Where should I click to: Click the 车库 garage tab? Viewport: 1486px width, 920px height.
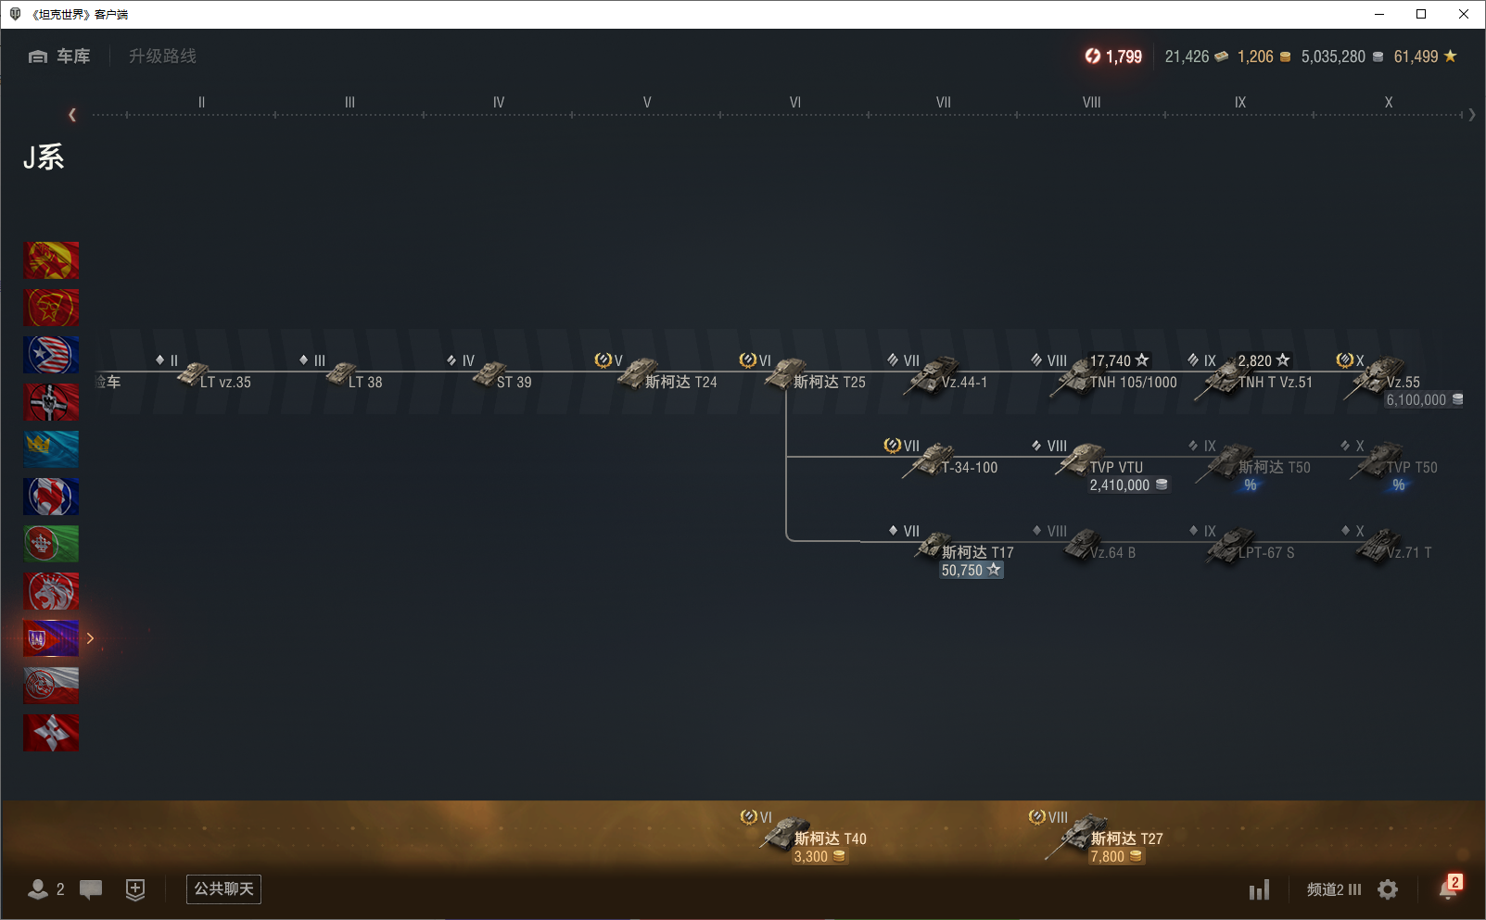60,57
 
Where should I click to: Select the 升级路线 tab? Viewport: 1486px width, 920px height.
162,57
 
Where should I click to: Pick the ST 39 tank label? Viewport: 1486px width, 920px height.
514,382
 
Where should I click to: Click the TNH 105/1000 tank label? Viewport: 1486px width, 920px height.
1133,382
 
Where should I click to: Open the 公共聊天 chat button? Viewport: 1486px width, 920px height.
223,889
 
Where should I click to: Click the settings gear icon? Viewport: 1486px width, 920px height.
1388,889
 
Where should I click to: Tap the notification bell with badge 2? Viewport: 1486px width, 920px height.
1449,888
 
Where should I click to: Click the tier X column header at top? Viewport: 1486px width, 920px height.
1388,103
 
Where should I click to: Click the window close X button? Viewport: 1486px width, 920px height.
1464,14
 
